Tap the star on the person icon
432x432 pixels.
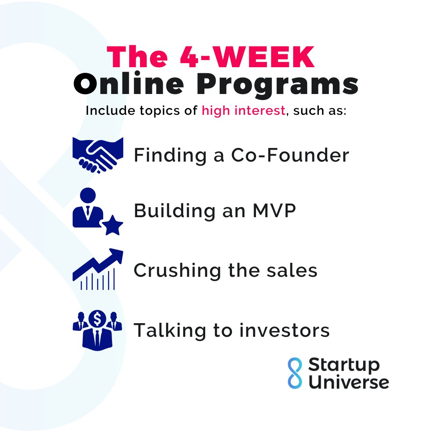112,226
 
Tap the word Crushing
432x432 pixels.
177,271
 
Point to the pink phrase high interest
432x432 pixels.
244,111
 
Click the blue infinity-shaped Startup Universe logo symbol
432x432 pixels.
295,374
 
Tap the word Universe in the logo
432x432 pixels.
348,382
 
